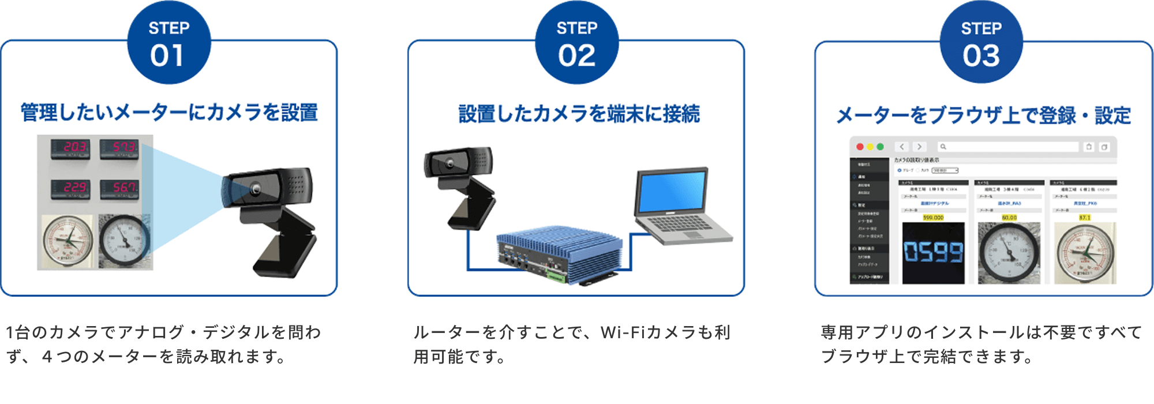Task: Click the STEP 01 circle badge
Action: (169, 44)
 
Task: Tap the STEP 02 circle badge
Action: (576, 44)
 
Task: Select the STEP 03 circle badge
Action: (981, 44)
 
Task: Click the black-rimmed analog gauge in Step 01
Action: (124, 241)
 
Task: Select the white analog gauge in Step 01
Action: (68, 242)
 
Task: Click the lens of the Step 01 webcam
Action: (254, 189)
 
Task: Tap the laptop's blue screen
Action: (671, 192)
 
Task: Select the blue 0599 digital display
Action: (933, 252)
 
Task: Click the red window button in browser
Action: (860, 147)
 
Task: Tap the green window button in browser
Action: (880, 147)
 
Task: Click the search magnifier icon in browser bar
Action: (943, 147)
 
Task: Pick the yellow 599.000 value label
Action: (933, 218)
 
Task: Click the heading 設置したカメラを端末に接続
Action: (579, 114)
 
